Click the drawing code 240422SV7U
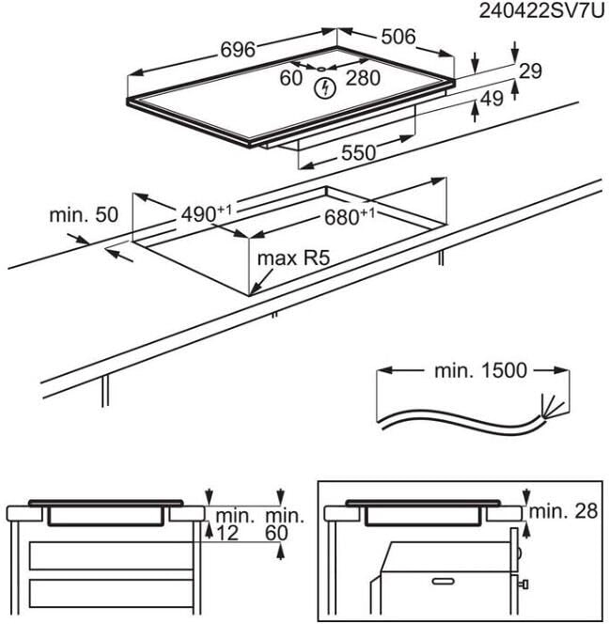[x=543, y=11]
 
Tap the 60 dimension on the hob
[x=290, y=78]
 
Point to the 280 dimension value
[x=363, y=78]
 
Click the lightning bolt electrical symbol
[x=325, y=89]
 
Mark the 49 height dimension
[x=492, y=98]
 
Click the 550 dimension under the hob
[x=358, y=151]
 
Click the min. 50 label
[x=84, y=215]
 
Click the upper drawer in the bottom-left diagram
[x=112, y=555]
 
